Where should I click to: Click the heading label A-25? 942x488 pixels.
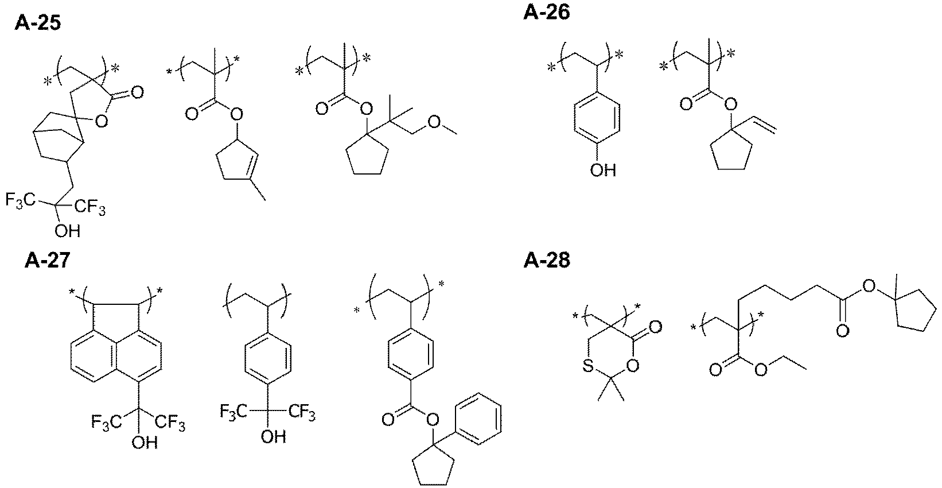(37, 22)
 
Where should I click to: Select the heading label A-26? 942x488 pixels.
(547, 12)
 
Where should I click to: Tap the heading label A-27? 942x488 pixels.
(47, 261)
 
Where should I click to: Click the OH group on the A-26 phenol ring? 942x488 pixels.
(602, 170)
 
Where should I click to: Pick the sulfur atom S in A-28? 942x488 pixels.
(588, 366)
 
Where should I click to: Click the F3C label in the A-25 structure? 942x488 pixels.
(20, 200)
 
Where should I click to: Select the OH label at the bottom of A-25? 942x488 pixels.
(67, 231)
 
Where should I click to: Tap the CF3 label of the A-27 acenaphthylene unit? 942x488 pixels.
(170, 423)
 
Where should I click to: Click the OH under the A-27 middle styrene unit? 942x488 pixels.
(273, 437)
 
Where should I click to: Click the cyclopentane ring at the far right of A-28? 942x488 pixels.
(914, 309)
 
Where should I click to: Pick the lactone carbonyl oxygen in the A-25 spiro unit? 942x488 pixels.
(137, 92)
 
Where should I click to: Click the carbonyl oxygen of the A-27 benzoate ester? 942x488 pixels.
(388, 420)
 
